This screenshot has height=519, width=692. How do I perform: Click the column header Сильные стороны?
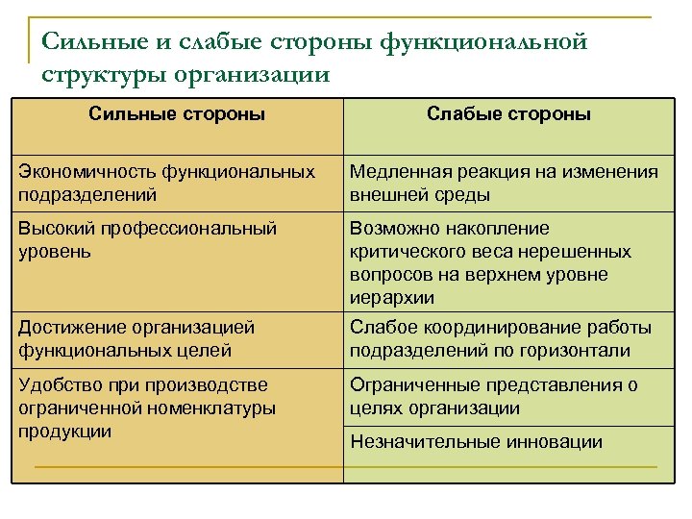(177, 115)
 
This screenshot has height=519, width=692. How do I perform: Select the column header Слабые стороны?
(508, 115)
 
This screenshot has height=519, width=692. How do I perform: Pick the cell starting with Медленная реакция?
(504, 183)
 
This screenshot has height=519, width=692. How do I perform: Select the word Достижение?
(65, 327)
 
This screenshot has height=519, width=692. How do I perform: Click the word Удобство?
(58, 384)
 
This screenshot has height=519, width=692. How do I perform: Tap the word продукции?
(65, 431)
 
